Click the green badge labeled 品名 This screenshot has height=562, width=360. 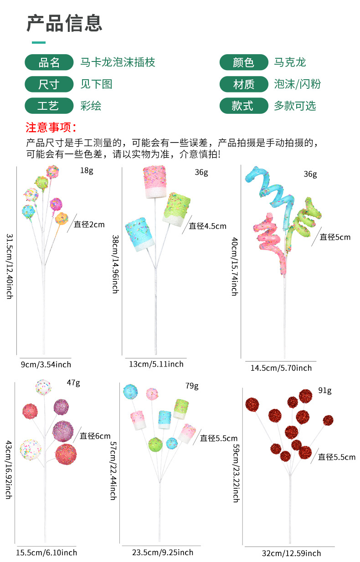[49, 62]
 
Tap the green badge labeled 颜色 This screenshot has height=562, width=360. [243, 62]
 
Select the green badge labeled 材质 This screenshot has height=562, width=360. [243, 84]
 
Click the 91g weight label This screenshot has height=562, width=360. [324, 390]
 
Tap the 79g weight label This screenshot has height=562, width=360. [192, 386]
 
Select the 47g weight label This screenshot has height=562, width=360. [73, 383]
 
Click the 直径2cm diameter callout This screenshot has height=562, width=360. [89, 225]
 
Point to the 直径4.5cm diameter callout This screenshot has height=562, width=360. [207, 226]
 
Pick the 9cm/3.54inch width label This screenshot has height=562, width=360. [46, 364]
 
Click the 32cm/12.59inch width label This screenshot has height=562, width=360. [291, 553]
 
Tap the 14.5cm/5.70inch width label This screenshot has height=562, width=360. [281, 368]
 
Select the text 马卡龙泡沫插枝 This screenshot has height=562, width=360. [118, 62]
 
